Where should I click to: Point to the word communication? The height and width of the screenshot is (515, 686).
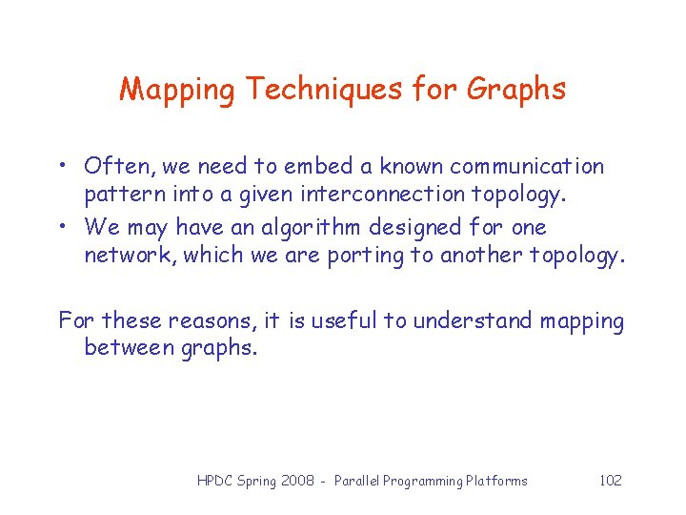(x=527, y=167)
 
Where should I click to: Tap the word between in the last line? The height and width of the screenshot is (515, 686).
(x=128, y=349)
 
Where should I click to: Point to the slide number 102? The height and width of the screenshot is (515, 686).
(x=610, y=481)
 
